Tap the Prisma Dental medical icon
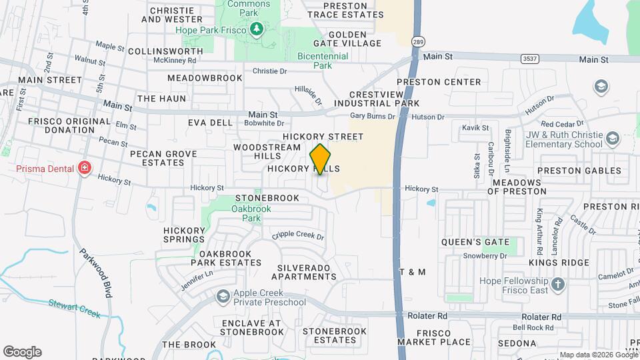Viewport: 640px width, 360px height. point(84,167)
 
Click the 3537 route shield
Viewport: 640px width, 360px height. point(530,59)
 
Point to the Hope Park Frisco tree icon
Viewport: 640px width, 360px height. point(256,29)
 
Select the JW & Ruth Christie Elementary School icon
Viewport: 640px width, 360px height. point(613,139)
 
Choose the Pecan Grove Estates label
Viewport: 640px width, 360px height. point(163,158)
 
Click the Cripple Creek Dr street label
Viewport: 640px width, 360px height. point(297,237)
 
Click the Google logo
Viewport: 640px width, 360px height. point(23,352)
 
